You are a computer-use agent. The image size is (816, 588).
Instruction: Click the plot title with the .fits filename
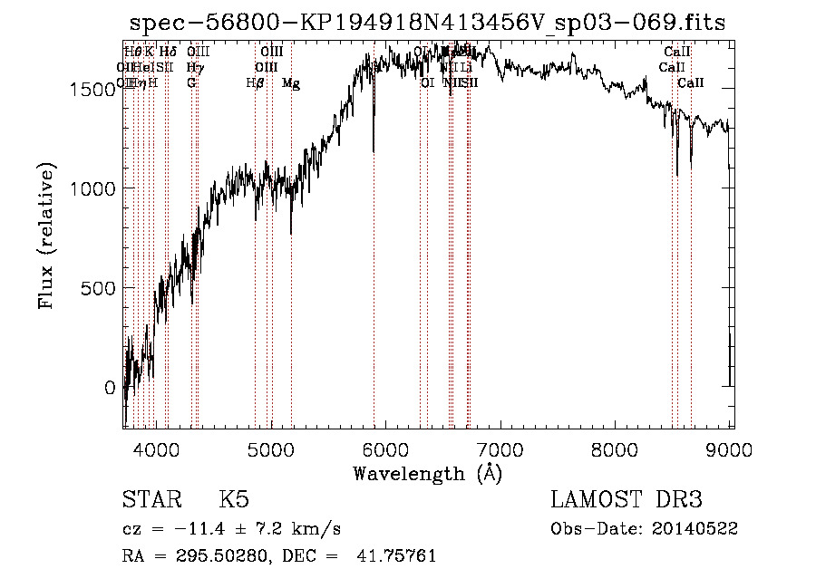click(427, 24)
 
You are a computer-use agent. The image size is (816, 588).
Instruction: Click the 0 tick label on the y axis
click(111, 388)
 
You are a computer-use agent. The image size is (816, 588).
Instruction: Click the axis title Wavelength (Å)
click(427, 473)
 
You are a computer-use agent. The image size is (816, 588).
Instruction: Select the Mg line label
click(291, 83)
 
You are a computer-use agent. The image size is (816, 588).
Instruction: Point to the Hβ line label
click(255, 83)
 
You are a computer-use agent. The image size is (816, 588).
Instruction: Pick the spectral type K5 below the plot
click(234, 500)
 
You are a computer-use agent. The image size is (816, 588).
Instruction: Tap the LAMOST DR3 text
click(627, 500)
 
